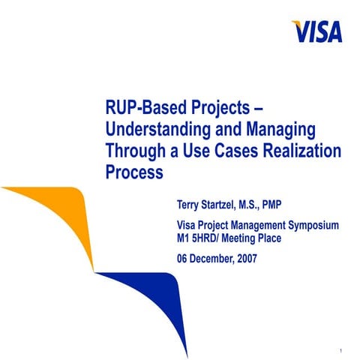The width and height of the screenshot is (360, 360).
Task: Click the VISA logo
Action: (x=317, y=30)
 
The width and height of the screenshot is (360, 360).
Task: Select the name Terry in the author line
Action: (x=188, y=203)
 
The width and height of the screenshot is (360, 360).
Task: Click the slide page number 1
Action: (x=340, y=351)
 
